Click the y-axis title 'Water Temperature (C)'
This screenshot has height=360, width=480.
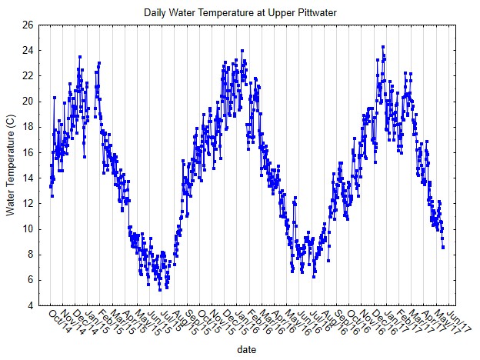tap(11, 165)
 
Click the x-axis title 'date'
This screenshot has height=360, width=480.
tap(247, 349)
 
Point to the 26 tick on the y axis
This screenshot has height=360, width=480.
tap(28, 25)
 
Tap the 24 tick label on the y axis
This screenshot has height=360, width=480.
tap(28, 50)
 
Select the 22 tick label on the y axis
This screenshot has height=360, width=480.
tap(28, 75)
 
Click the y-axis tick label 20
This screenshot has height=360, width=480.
tap(28, 102)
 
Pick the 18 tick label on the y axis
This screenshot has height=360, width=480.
tap(28, 127)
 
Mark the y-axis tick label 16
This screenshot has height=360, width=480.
tap(28, 152)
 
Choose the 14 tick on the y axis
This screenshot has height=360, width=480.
tap(28, 178)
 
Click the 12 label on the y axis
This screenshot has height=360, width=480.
tap(28, 203)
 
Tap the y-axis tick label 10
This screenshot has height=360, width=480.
tap(28, 229)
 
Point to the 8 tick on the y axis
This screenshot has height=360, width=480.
tap(30, 255)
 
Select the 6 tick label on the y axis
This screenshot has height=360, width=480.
tap(30, 280)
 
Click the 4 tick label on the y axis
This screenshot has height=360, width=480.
tap(30, 305)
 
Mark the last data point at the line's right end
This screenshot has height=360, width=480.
tap(443, 247)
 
